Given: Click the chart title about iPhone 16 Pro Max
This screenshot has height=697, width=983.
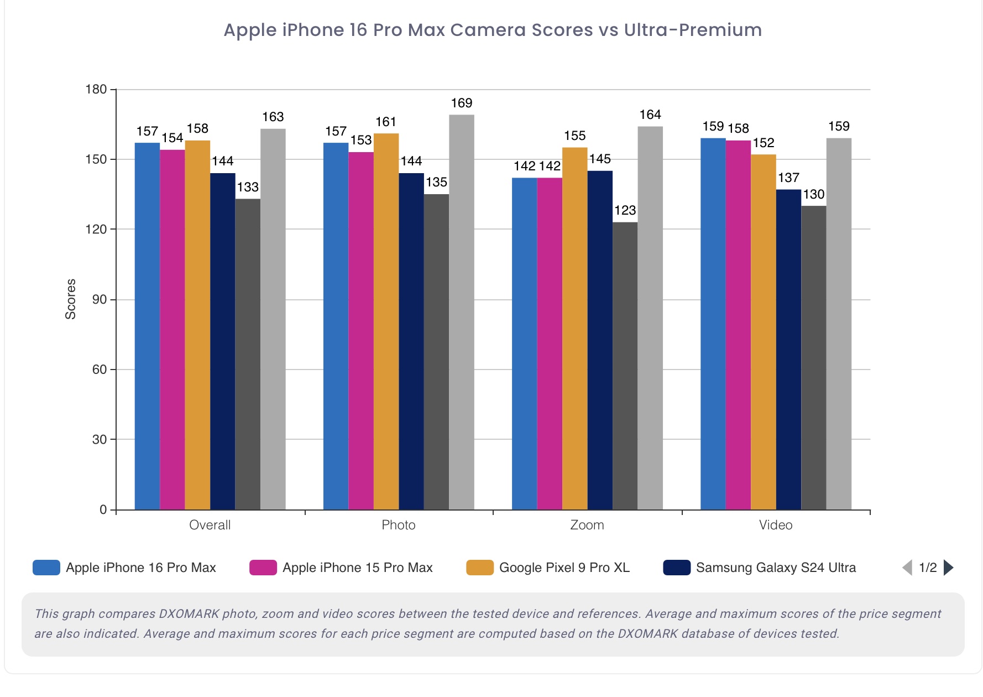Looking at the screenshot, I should tap(492, 30).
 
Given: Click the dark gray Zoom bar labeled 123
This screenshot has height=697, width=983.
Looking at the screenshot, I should tap(625, 365).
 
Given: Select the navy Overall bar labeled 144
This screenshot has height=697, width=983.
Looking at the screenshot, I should tap(222, 341).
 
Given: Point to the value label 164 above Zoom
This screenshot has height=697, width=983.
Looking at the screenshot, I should tap(650, 115).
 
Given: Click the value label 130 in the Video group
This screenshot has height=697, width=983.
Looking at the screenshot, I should tap(814, 194).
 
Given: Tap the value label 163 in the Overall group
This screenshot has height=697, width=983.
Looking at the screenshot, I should tap(273, 117).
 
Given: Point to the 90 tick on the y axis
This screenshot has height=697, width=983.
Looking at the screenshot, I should tap(100, 300).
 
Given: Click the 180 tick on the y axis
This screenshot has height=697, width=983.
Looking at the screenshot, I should tap(96, 90).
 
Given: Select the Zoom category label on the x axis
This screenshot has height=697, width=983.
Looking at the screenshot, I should tap(587, 525).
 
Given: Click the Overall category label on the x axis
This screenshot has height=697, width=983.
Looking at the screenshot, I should tap(210, 525).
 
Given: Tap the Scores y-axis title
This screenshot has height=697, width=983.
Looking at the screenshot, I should tap(70, 299).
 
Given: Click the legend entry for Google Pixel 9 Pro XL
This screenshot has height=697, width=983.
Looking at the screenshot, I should tap(564, 568).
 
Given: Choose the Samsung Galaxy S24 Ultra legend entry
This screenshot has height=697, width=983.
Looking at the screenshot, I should tap(775, 568).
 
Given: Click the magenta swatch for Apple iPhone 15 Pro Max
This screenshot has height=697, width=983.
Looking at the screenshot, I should tap(263, 568).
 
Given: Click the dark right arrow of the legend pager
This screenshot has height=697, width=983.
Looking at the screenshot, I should tap(949, 568).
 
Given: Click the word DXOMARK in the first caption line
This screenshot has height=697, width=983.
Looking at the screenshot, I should tap(189, 613).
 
